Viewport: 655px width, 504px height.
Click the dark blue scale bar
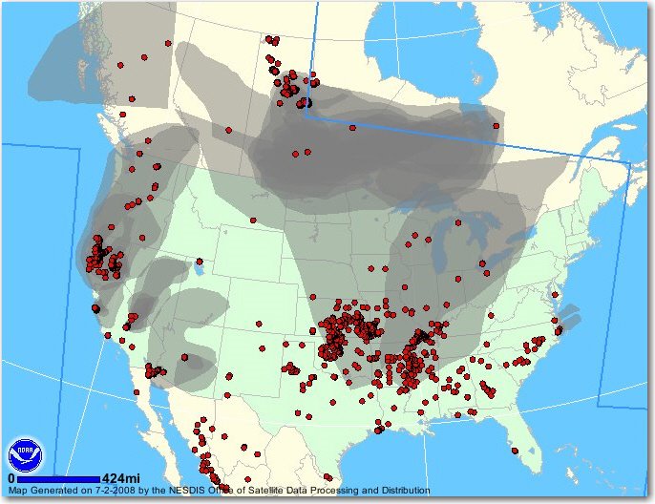click(58, 479)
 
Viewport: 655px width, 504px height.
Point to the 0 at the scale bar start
click(11, 479)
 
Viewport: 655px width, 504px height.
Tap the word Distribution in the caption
click(399, 491)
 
